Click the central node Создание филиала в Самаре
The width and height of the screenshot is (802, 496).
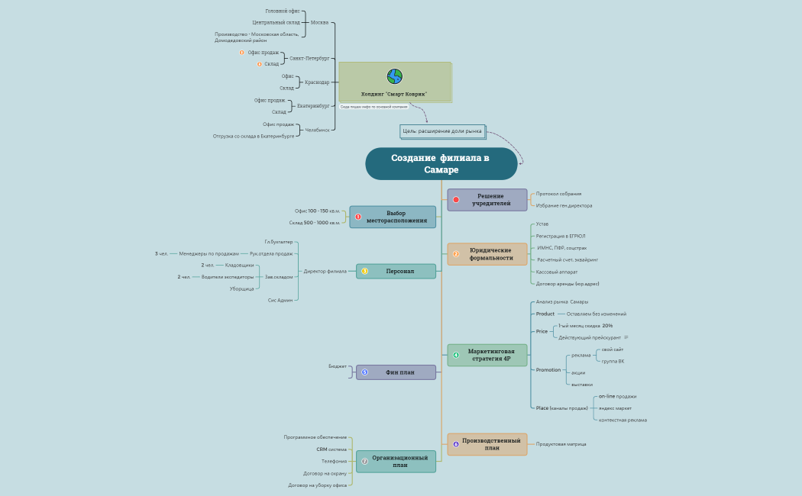[x=441, y=163]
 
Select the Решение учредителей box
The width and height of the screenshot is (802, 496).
[x=487, y=200]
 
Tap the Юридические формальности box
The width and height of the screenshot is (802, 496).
[x=487, y=254]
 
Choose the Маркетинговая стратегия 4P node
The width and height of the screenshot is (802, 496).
[x=487, y=355]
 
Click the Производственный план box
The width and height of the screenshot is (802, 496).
[x=487, y=444]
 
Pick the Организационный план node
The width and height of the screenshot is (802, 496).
[x=396, y=461]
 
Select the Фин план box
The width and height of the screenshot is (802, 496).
[x=396, y=372]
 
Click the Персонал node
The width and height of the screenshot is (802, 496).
[x=396, y=271]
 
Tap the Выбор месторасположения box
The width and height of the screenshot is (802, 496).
[x=393, y=217]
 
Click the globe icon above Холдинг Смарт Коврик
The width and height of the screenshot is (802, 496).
[x=394, y=76]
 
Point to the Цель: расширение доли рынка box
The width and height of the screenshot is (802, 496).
[x=442, y=131]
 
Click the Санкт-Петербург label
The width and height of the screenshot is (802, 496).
[x=309, y=58]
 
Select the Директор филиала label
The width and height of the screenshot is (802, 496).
[x=325, y=271]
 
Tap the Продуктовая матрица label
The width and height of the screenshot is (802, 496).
[x=561, y=444]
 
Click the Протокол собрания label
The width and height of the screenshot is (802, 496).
[x=558, y=194]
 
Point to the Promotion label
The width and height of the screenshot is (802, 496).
[x=548, y=370]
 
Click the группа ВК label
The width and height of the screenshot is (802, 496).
[x=613, y=361]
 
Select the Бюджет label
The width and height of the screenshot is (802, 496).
[x=338, y=366]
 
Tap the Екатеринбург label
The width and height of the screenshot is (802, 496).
[x=313, y=106]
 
